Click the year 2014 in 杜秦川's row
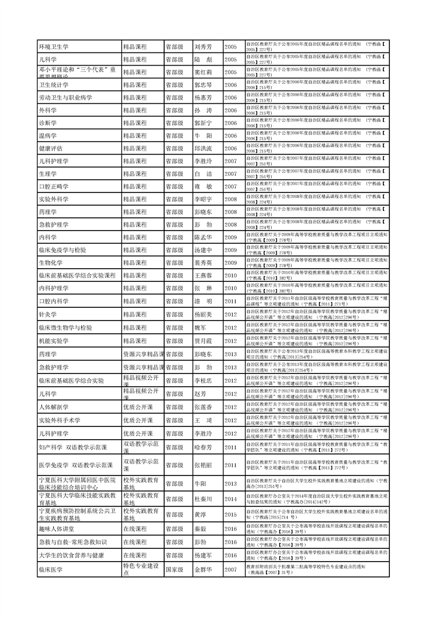click(230, 499)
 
